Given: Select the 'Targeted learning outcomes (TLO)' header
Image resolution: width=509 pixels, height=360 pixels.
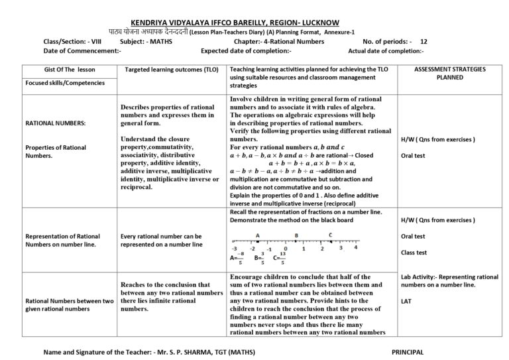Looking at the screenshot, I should tap(168, 69).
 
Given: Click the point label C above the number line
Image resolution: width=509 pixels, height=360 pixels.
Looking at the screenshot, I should tap(331, 235).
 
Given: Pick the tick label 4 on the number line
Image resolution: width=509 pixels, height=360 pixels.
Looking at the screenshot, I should tap(356, 247).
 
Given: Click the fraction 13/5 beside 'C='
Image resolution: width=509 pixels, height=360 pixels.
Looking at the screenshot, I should tap(282, 258).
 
